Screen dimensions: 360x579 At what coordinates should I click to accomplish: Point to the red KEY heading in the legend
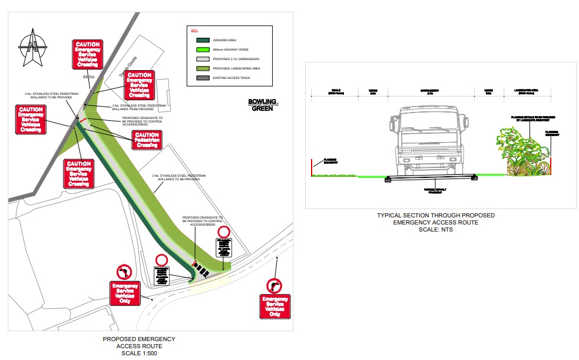(194, 29)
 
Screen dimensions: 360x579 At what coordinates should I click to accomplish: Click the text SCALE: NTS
(436, 230)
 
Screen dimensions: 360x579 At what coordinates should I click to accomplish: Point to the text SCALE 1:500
(139, 354)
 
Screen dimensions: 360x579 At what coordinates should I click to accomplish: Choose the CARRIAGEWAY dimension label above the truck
(430, 91)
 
